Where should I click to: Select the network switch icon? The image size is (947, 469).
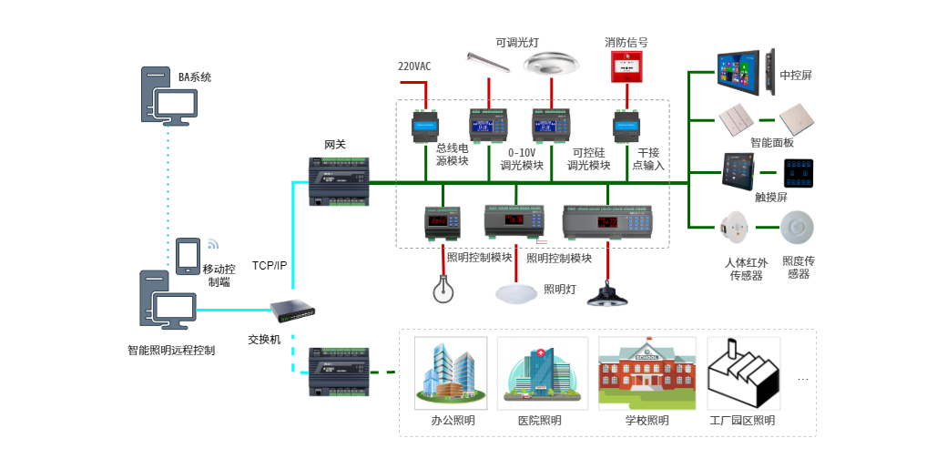pyautogui.click(x=292, y=311)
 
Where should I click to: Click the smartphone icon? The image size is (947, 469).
pyautogui.click(x=188, y=256)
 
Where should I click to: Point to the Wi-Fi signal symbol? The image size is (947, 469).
pyautogui.click(x=213, y=243)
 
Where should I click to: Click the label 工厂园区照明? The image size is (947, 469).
pyautogui.click(x=742, y=421)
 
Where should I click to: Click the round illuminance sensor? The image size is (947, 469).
pyautogui.click(x=796, y=226)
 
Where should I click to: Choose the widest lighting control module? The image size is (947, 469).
pyautogui.click(x=609, y=222)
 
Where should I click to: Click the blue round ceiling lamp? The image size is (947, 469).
pyautogui.click(x=518, y=292)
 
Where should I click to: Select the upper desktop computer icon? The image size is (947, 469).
pyautogui.click(x=169, y=95)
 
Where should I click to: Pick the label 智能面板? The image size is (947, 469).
pyautogui.click(x=772, y=143)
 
